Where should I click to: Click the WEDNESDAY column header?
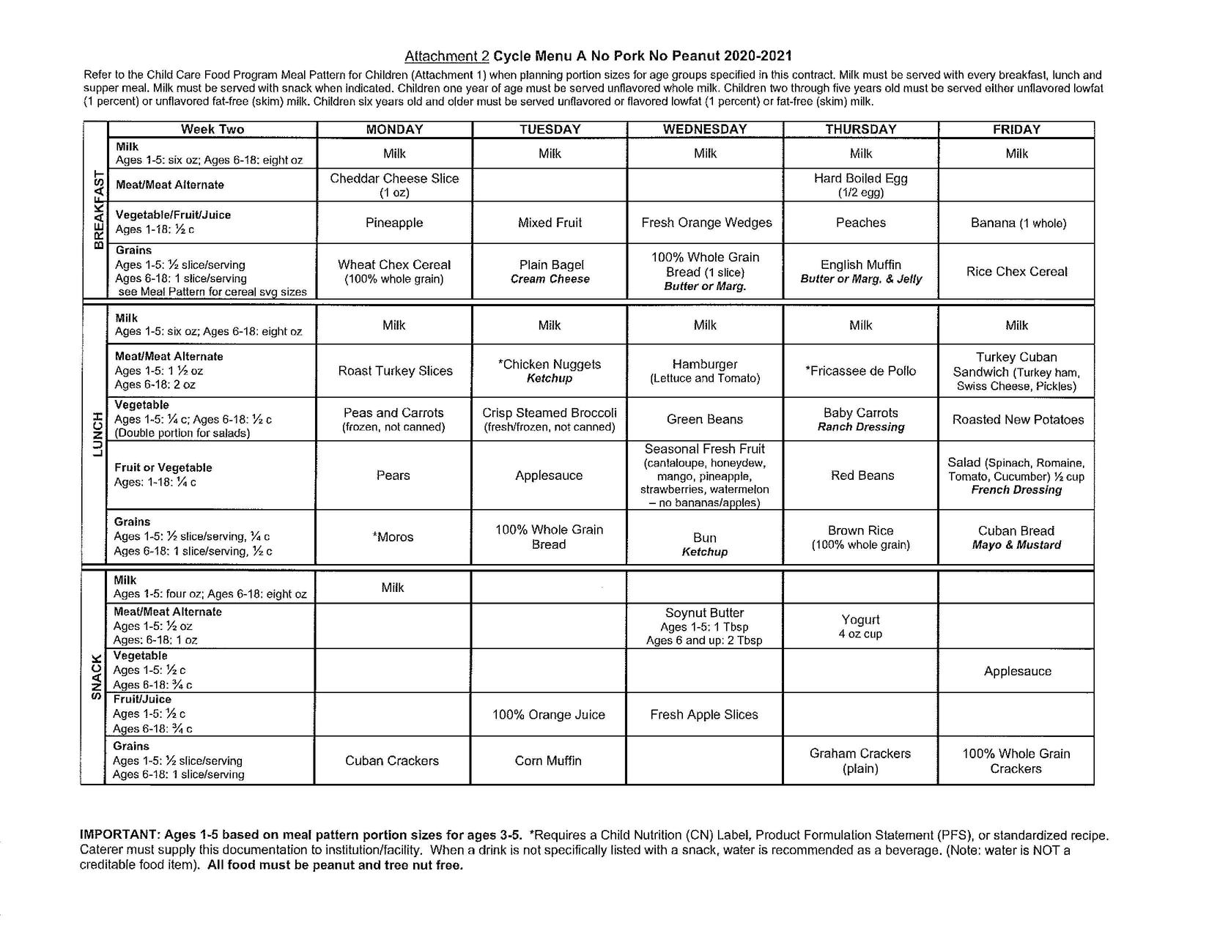tap(705, 130)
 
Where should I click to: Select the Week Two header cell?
tap(212, 130)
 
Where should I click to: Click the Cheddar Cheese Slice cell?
tap(394, 185)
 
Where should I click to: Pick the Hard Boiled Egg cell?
tap(860, 185)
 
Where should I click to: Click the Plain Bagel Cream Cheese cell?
tap(550, 272)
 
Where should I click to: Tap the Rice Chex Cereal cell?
tap(1016, 272)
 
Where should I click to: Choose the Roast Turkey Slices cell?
tap(395, 371)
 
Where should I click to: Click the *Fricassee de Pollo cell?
tap(860, 371)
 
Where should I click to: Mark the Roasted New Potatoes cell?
tap(1017, 420)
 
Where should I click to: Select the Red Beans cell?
tap(862, 475)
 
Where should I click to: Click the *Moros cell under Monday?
tap(393, 537)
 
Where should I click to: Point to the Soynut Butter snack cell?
tap(705, 626)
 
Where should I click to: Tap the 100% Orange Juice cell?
tap(549, 715)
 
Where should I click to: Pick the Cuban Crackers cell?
tap(392, 761)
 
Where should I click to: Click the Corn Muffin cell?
tap(548, 761)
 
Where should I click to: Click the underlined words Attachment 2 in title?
tap(447, 56)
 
